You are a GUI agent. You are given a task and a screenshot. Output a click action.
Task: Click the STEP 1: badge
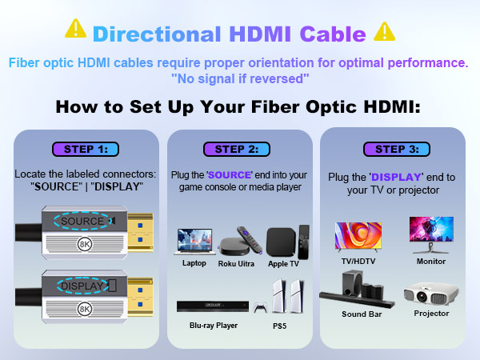(x=86, y=149)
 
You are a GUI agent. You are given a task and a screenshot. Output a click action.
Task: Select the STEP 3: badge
(x=390, y=149)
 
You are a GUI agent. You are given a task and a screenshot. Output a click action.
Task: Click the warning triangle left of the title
(x=76, y=30)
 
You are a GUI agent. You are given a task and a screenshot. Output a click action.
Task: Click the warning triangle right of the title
(x=385, y=30)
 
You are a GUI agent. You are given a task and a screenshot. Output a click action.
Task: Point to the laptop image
(x=194, y=242)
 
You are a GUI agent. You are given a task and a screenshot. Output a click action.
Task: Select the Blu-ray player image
(x=213, y=306)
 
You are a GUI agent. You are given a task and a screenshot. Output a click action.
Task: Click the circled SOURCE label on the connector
(x=82, y=220)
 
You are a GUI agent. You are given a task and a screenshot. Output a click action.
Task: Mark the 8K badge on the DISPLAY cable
(x=84, y=307)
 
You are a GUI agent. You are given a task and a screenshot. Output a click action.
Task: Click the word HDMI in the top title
(x=261, y=34)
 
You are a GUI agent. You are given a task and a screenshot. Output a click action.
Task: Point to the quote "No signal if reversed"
(x=240, y=78)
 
